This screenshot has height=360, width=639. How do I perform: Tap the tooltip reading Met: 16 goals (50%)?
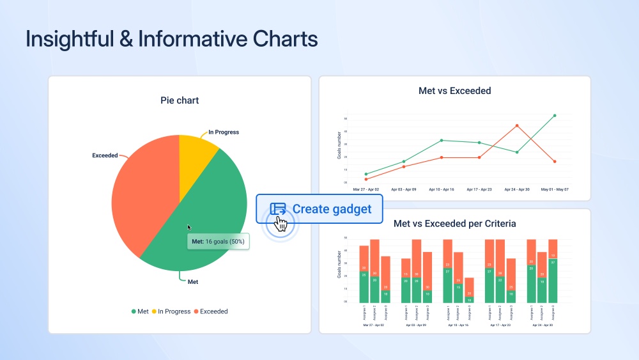click(x=217, y=241)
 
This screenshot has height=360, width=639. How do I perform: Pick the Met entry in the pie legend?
click(x=140, y=311)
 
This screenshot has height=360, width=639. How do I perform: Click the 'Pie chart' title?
click(x=179, y=100)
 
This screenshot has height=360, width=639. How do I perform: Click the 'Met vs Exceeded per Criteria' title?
click(x=454, y=224)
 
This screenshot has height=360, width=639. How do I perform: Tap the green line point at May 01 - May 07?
click(x=554, y=116)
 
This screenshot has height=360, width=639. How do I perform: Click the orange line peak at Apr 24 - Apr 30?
click(x=517, y=125)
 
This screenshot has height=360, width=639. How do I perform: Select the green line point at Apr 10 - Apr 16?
click(x=441, y=140)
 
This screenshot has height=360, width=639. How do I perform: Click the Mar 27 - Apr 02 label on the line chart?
click(x=366, y=190)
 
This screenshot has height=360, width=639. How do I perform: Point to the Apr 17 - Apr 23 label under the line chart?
click(x=479, y=190)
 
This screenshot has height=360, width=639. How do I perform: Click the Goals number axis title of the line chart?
click(x=339, y=145)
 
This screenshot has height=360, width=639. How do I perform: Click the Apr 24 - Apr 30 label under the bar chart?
click(x=541, y=325)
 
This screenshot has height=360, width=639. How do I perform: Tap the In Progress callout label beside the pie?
click(x=223, y=132)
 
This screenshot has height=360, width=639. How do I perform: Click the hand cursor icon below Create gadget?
click(x=281, y=223)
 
